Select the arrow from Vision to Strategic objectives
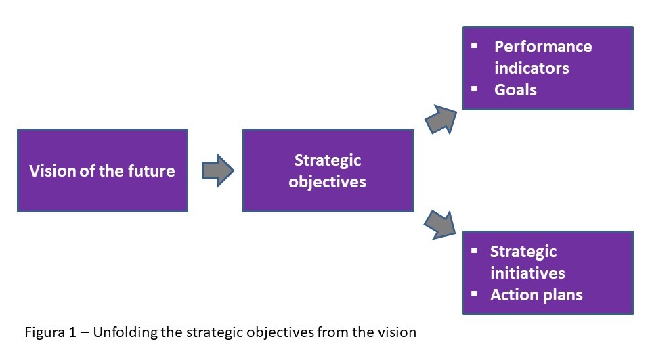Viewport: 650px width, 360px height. (217, 170)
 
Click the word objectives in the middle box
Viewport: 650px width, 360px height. (327, 181)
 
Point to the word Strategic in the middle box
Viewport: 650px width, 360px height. (328, 160)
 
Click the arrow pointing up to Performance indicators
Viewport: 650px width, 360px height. (440, 118)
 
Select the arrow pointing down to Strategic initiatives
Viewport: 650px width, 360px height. (440, 223)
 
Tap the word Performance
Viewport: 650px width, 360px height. (543, 47)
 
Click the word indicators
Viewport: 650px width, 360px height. (532, 68)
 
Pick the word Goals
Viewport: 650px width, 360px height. (515, 89)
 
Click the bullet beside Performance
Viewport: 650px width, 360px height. (474, 45)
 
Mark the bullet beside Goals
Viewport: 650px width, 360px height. (474, 88)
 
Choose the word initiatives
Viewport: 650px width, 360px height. (527, 273)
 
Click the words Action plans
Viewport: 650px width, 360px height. (536, 295)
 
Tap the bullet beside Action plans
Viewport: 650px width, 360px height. (474, 294)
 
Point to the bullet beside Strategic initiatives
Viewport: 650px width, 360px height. (474, 250)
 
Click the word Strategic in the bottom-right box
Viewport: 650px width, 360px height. (523, 252)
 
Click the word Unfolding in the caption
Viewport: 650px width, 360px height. (118, 332)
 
